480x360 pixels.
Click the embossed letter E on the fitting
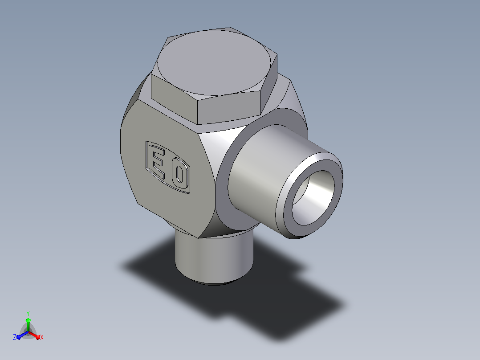click(x=158, y=162)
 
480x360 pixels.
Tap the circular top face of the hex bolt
click(x=214, y=62)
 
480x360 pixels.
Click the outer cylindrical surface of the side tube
click(x=260, y=172)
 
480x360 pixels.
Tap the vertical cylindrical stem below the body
click(x=214, y=258)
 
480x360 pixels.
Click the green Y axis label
click(x=28, y=313)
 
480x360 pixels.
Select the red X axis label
click(x=42, y=337)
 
